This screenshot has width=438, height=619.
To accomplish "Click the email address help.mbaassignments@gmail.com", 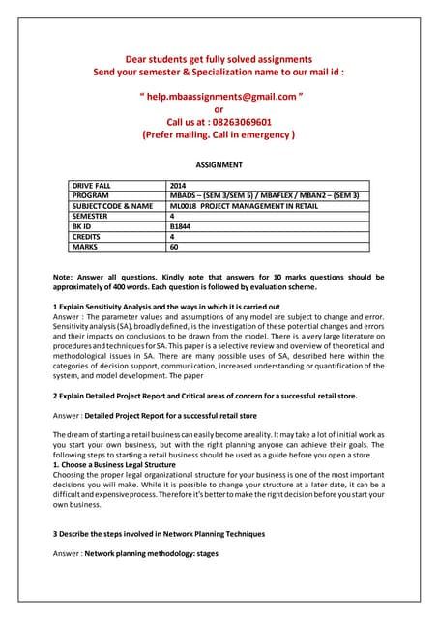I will coord(219,97).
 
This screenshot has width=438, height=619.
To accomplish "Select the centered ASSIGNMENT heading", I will coord(219,165).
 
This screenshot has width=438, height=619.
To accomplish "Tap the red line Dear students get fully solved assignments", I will coord(219,59).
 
